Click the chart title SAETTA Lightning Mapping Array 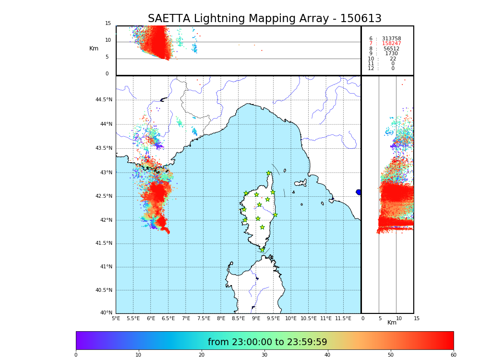click(x=264, y=19)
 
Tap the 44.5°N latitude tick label click(x=104, y=100)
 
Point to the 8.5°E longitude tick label click(x=239, y=318)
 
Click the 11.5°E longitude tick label click(x=343, y=318)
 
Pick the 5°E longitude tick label click(x=116, y=318)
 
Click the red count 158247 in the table click(x=391, y=44)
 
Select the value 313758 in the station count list click(x=391, y=39)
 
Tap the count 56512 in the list click(x=391, y=49)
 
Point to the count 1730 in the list click(x=391, y=54)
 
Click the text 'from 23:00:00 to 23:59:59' click(x=267, y=342)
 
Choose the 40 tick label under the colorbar click(x=327, y=355)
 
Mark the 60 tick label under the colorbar click(x=453, y=355)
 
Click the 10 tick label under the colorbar click(x=138, y=355)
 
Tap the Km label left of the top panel click(x=94, y=48)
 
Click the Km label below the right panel click(x=392, y=323)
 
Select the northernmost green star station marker click(x=269, y=173)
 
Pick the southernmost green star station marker click(x=262, y=250)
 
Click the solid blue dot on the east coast click(x=359, y=192)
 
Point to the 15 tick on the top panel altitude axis click(x=108, y=24)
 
